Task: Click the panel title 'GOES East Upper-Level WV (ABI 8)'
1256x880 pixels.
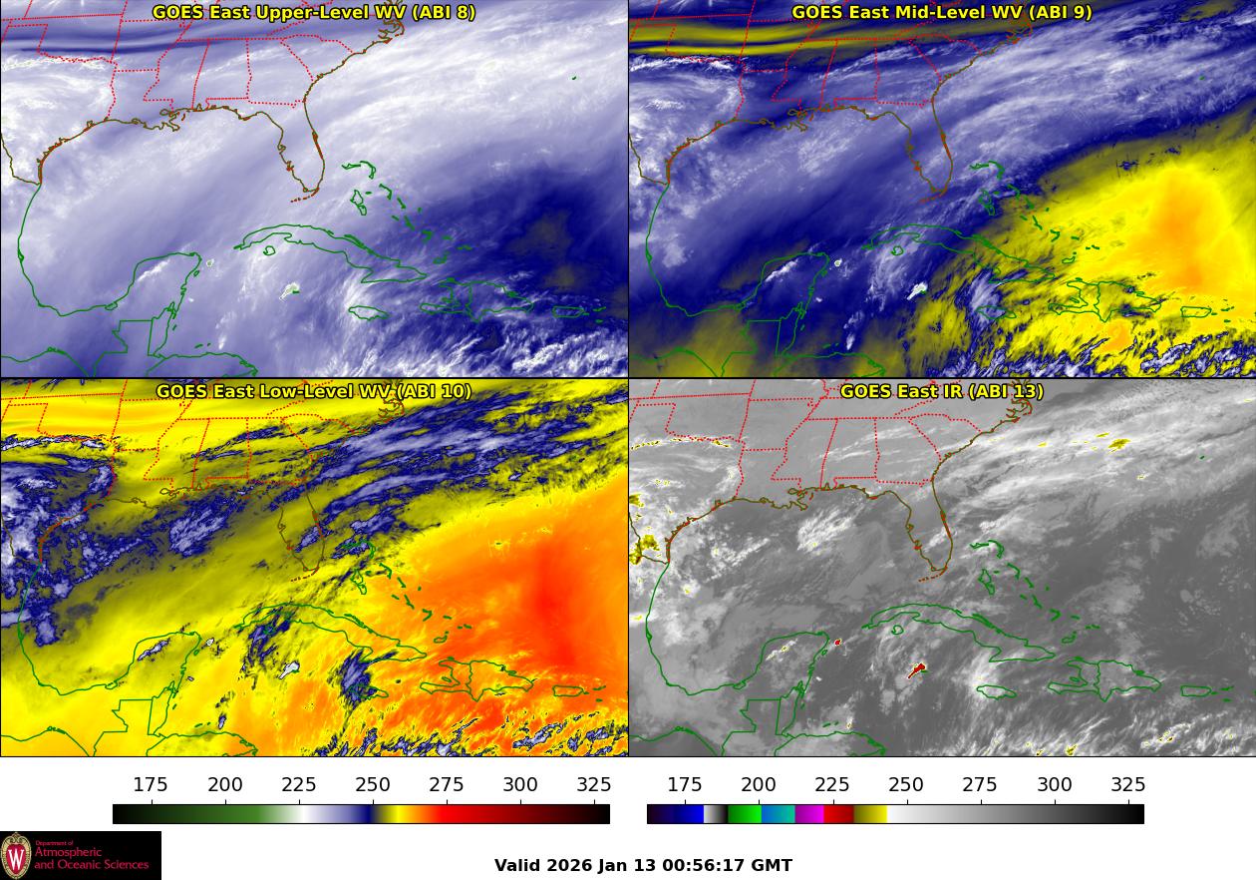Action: pyautogui.click(x=313, y=13)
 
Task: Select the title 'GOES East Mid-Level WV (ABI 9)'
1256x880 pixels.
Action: pyautogui.click(x=941, y=13)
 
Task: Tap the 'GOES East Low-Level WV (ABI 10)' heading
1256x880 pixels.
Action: pyautogui.click(x=313, y=391)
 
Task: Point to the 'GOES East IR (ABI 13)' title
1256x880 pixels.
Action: pyautogui.click(x=941, y=391)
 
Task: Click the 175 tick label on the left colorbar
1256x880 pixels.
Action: pyautogui.click(x=151, y=785)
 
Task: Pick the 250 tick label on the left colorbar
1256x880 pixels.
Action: pyautogui.click(x=373, y=785)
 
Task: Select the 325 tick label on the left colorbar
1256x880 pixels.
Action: pyautogui.click(x=594, y=785)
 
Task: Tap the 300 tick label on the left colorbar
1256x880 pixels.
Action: pyautogui.click(x=520, y=785)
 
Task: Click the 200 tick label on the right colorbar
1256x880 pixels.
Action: pyautogui.click(x=759, y=785)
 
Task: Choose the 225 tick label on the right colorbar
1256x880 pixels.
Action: pyautogui.click(x=832, y=785)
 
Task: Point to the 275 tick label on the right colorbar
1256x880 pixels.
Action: pyautogui.click(x=980, y=785)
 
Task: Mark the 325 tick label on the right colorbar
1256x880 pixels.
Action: pyautogui.click(x=1128, y=785)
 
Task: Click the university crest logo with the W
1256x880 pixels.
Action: pyautogui.click(x=16, y=856)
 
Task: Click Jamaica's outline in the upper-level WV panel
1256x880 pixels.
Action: pyautogui.click(x=369, y=312)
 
